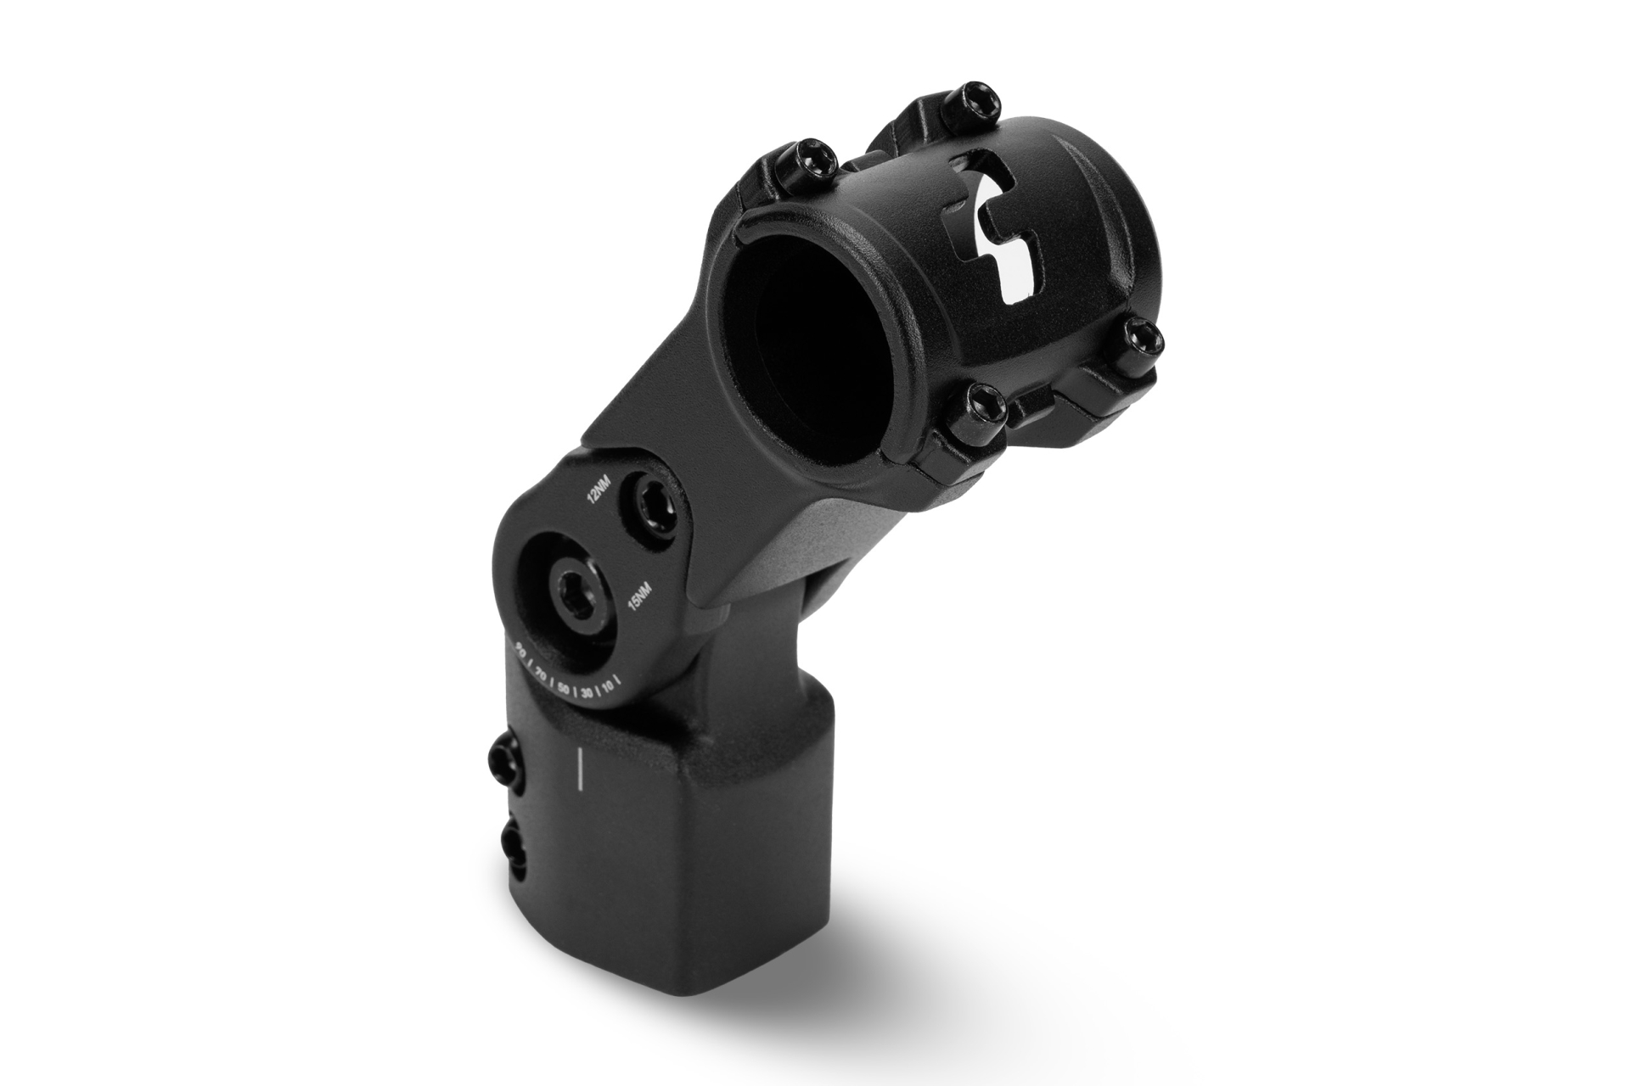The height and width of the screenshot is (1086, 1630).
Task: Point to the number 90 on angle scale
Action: (x=520, y=651)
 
